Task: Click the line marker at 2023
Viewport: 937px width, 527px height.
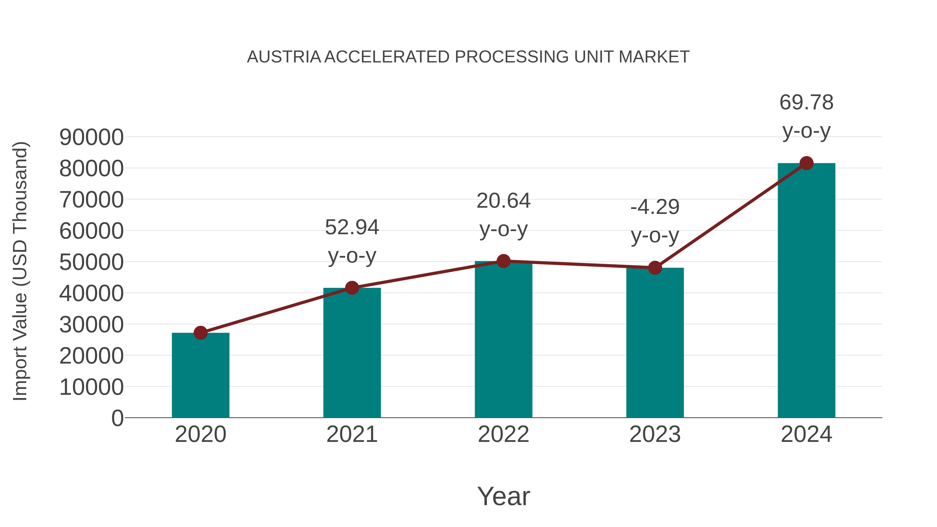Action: [x=655, y=268]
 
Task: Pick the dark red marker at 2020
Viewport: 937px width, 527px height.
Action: [x=200, y=333]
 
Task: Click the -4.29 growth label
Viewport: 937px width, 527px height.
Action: [x=655, y=207]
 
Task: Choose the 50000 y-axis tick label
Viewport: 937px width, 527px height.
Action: [x=91, y=262]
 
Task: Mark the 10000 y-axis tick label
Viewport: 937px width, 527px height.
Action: [x=91, y=387]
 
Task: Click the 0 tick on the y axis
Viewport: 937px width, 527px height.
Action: [x=117, y=418]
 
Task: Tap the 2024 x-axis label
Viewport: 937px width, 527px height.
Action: [x=806, y=434]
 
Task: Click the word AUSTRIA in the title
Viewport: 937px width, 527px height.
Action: [x=284, y=57]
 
